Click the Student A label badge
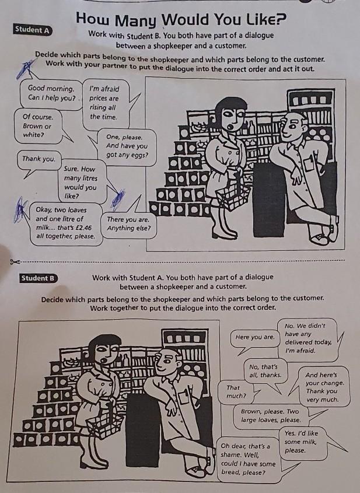tap(33, 30)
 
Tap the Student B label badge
tap(39, 278)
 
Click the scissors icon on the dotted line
tap(15, 261)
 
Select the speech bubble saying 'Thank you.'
tap(39, 159)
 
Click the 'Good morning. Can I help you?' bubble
tap(51, 93)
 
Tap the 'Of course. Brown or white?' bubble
tap(38, 126)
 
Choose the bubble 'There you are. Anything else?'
tap(128, 224)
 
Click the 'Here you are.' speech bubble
tap(254, 338)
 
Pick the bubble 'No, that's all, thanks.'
tap(265, 371)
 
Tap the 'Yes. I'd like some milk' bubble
tap(303, 442)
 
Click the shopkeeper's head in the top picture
tap(295, 127)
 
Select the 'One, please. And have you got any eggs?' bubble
tap(127, 147)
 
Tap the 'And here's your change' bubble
tap(323, 386)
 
